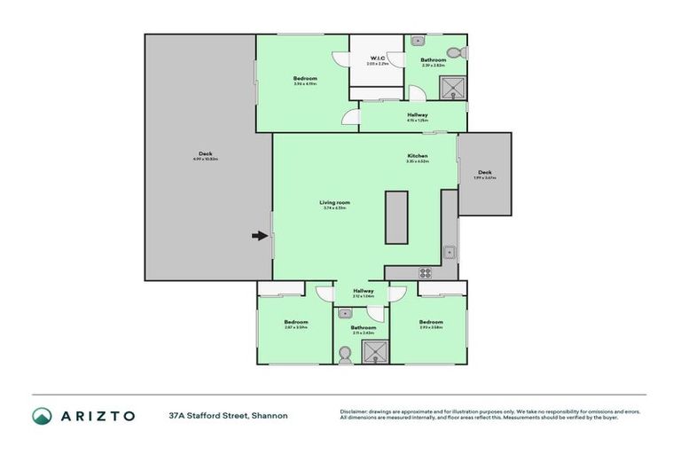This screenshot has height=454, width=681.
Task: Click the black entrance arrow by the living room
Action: pos(259,236)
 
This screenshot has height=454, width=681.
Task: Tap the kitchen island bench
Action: pos(396,217)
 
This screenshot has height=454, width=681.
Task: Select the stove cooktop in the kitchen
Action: pos(425,273)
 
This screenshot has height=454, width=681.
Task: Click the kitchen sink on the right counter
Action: pos(450,252)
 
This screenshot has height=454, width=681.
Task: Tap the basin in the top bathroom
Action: pos(418,41)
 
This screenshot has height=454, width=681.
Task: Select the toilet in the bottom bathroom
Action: pos(346,355)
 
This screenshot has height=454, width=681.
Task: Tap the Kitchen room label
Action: pos(417,156)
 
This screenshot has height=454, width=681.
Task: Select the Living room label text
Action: pos(335,202)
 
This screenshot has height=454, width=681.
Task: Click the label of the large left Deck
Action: pos(205,154)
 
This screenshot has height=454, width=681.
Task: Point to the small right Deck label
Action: pos(484,172)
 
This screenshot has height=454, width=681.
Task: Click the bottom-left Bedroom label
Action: pos(295,322)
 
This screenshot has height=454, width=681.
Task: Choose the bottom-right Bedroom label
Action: pos(431,322)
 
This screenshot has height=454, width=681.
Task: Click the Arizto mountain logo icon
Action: pos(43,416)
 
